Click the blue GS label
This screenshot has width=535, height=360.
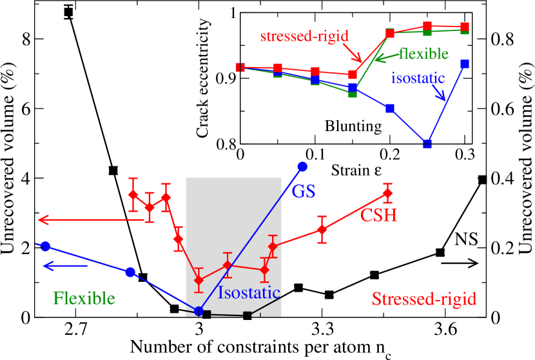point(304,192)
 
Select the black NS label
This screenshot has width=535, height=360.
point(465,239)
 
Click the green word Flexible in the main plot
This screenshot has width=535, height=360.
point(84,298)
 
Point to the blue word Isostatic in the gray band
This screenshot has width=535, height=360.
point(248,292)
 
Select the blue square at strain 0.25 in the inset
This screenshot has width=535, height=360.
point(427,144)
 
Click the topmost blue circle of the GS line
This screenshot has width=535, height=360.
point(302,166)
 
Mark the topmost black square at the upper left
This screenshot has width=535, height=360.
point(68,12)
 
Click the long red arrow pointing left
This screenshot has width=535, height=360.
point(90,221)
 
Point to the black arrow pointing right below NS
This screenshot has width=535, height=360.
point(463,263)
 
